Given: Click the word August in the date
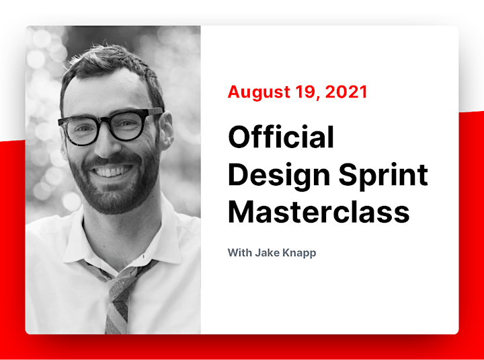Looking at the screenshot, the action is [259, 92].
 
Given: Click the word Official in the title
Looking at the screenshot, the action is [281, 137].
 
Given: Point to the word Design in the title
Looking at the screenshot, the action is [280, 176].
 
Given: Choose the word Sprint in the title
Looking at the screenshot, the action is [383, 176].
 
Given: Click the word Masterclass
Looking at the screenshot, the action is [319, 212].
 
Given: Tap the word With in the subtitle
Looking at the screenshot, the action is [240, 252].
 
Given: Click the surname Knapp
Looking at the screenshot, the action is [299, 253].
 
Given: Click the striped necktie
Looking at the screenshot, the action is [120, 297].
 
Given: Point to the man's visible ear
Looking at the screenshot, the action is [167, 130].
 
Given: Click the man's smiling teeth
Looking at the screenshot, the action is [112, 171].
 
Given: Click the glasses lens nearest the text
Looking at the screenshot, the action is [128, 125].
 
